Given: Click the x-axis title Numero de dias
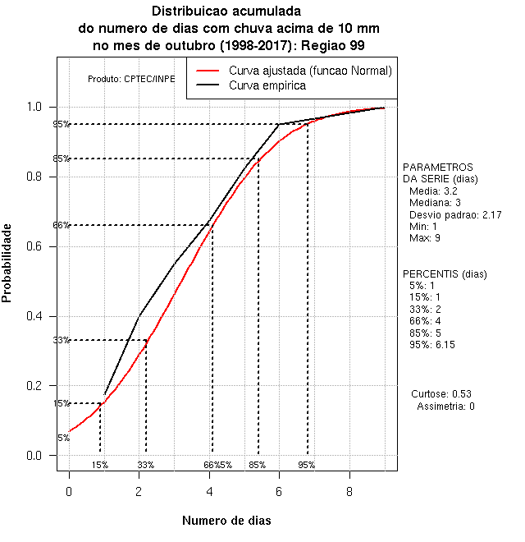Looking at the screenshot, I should pos(226,521).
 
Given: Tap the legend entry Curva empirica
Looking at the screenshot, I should pos(267,85).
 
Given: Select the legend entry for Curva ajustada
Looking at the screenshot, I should pos(310,71).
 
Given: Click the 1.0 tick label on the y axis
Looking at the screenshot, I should pos(39,108).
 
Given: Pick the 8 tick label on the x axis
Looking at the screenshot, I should pos(349,492).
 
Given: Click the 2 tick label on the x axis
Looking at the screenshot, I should pos(139,492).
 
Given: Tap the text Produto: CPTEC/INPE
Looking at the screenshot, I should pos(131,80).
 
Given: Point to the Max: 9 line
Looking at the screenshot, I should pos(427,238).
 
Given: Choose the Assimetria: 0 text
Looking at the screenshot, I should pos(445,406).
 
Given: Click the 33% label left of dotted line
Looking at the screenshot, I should pos(62,341).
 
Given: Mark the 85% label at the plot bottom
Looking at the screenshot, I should pos(257,465).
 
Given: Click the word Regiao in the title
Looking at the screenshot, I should pos(323,45).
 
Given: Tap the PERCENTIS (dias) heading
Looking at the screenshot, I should pos(445,273).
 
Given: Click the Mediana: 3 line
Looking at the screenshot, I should pos(435,202).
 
